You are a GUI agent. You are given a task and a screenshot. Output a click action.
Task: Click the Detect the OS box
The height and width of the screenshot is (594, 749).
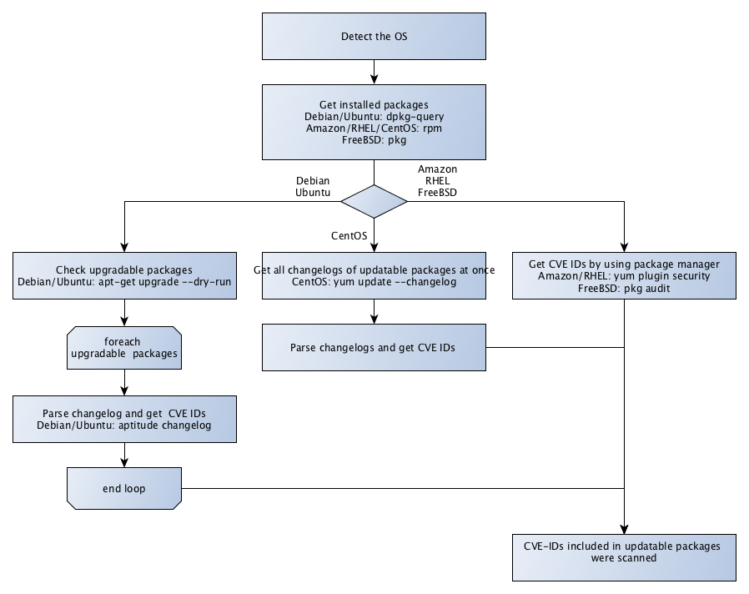tap(374, 37)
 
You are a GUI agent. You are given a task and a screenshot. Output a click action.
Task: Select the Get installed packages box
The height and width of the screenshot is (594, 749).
tap(374, 122)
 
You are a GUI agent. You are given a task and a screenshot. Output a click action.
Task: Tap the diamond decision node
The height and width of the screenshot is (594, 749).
tap(374, 202)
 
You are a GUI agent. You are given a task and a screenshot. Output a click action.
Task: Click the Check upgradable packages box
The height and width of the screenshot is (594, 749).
tap(124, 276)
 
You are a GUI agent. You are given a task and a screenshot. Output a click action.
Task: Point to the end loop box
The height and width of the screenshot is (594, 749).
tap(124, 488)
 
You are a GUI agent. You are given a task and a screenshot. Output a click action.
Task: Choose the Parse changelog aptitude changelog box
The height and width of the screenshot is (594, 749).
tap(124, 420)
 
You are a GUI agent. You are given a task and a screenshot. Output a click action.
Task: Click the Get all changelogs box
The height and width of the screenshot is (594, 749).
tap(374, 276)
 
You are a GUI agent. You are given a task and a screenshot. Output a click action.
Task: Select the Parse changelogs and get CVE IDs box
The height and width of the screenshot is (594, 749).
tap(374, 346)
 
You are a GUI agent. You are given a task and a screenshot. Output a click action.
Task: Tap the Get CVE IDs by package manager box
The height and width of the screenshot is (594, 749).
tap(625, 276)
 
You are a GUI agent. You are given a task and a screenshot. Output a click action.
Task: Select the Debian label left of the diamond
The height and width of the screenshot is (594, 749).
tap(313, 179)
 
